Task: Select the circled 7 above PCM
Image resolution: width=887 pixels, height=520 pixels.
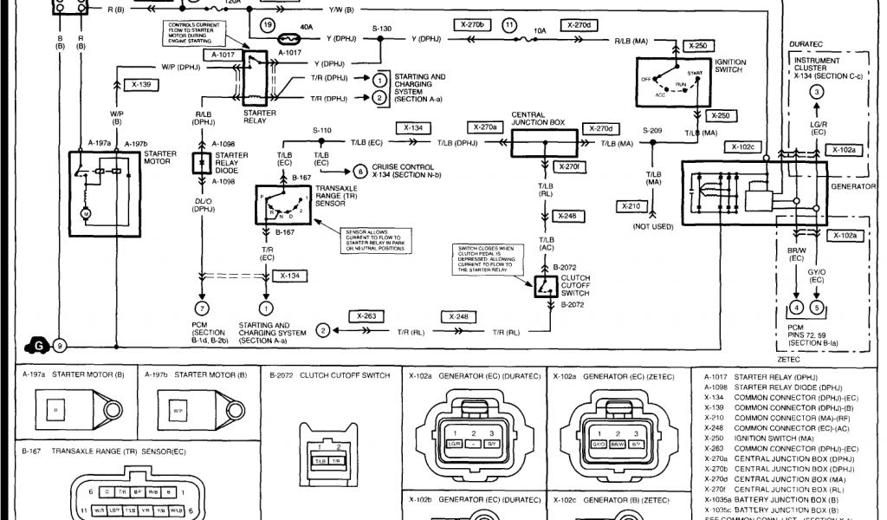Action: [201, 308]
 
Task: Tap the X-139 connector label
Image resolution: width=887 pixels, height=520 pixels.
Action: [142, 85]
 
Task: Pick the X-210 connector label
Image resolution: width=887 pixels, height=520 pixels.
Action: [631, 206]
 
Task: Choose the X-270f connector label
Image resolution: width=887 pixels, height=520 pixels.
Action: [569, 166]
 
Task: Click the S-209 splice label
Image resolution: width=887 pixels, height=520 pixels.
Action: [652, 131]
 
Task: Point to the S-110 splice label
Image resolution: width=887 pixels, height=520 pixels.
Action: [322, 131]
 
